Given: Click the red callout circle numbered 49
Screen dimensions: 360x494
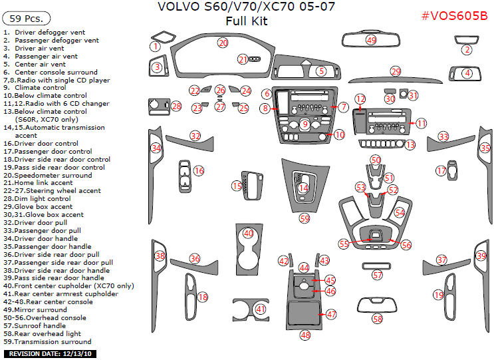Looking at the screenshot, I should tap(371, 41).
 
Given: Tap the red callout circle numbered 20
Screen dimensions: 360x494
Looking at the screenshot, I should tap(223, 43).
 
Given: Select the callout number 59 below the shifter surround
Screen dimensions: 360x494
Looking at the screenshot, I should tap(305, 218).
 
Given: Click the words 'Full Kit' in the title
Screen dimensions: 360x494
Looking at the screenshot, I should tap(246, 21).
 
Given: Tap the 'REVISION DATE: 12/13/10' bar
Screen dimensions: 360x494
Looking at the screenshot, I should tap(49, 353).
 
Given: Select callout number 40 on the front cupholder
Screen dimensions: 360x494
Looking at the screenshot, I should tap(248, 234).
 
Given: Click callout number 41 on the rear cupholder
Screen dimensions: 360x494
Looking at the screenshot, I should tap(260, 309).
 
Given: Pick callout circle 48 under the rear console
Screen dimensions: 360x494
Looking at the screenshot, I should tap(305, 335).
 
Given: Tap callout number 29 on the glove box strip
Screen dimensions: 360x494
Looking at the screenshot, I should tap(396, 71).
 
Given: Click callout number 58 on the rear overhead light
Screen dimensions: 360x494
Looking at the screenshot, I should tap(378, 319).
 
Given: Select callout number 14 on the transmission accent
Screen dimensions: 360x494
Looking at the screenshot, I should tap(303, 188).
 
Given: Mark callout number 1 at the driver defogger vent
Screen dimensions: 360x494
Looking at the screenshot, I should tap(155, 47).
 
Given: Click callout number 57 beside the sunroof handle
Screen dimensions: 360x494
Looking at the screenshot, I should tap(378, 274).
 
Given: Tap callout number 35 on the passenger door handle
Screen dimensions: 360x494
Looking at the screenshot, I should tap(485, 148).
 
